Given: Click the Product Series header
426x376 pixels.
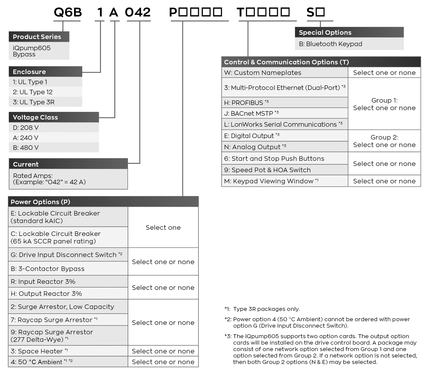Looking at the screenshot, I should [x=39, y=37].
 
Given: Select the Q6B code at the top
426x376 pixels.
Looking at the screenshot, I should [x=68, y=12].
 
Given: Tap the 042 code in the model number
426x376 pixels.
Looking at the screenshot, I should [x=138, y=12].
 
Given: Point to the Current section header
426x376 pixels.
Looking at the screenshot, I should [x=68, y=164].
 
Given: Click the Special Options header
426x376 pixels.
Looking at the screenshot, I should [x=349, y=32].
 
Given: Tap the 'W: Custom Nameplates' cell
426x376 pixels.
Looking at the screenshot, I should [x=285, y=73].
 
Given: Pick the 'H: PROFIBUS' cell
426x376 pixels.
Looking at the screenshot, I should [x=285, y=103].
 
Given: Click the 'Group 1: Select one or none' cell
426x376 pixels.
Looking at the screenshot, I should [x=384, y=104].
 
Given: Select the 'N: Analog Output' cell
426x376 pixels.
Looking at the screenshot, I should [x=285, y=147].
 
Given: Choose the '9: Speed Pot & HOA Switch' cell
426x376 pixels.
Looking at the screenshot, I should [x=285, y=170].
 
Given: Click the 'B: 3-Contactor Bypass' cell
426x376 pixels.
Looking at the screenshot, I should [x=68, y=269].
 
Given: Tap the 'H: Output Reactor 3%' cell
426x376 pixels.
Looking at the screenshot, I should [x=68, y=294].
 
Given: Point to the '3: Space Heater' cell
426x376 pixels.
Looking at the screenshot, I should [x=68, y=351].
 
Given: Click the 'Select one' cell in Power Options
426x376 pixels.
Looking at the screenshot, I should [x=163, y=227].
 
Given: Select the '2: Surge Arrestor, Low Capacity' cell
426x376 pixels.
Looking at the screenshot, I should [x=68, y=307].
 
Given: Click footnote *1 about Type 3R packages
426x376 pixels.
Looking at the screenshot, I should [x=262, y=309].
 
